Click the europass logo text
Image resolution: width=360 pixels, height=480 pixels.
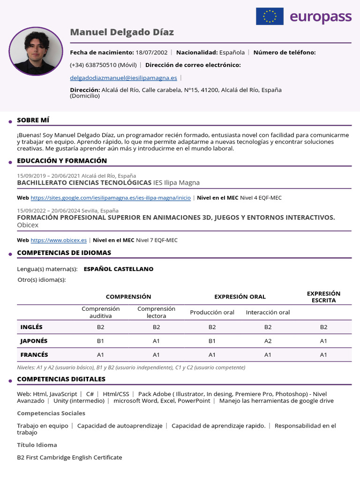pos(320,17)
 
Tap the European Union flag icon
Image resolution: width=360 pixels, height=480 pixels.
pos(270,16)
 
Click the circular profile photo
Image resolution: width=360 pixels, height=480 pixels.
pos(36,51)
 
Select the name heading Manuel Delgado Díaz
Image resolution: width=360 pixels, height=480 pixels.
pos(122,32)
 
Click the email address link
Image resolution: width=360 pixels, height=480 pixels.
pos(123,78)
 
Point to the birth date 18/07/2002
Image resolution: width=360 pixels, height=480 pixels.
pos(151,52)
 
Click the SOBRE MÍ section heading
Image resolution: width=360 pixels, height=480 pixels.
pos(33,120)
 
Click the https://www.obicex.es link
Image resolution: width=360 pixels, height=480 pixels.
pos(59,240)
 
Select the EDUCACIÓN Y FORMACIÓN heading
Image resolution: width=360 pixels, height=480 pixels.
pos(62,161)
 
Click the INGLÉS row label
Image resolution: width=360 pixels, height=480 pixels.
pos(31,327)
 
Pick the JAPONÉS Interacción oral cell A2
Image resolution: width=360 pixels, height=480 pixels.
pos(268,341)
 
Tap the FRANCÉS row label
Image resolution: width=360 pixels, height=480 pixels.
pos(34,355)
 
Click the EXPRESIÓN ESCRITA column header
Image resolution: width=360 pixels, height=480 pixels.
pos(323,297)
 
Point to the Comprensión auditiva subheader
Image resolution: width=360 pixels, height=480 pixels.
pos(101,312)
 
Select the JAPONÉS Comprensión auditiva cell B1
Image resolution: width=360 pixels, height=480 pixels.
pos(101,341)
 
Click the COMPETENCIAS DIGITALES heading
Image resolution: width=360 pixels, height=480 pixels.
pos(61,379)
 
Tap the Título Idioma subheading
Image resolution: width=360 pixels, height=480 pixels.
pos(37,445)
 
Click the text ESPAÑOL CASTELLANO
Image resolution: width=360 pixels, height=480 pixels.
pos(118,269)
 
